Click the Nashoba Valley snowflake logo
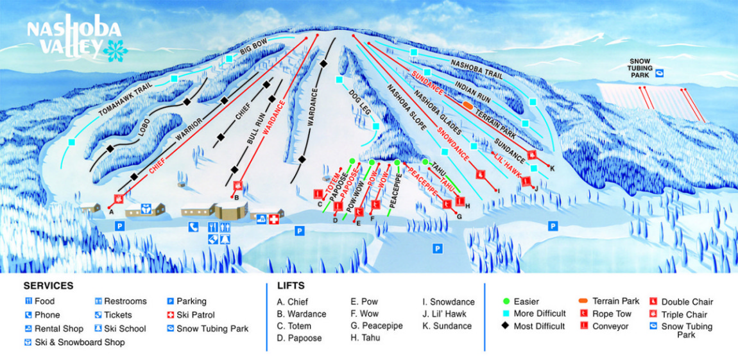click(x=116, y=51)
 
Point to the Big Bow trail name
click(x=253, y=49)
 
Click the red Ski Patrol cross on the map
click(x=275, y=219)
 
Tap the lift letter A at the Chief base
click(x=111, y=210)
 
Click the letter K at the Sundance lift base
click(x=552, y=168)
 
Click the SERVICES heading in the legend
click(x=48, y=286)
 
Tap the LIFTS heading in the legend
click(x=291, y=286)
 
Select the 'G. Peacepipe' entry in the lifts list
click(x=376, y=326)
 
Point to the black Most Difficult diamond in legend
click(x=506, y=326)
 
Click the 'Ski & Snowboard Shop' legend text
click(x=80, y=342)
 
